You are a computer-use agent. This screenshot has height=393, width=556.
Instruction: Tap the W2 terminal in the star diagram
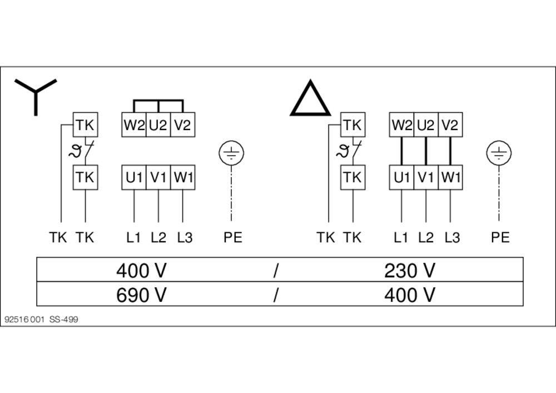(133, 125)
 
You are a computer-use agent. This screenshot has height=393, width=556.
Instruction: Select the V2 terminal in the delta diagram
(450, 125)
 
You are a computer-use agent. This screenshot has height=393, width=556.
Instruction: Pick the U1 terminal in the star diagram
(133, 177)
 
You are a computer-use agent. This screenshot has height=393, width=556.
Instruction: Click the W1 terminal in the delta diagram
(450, 177)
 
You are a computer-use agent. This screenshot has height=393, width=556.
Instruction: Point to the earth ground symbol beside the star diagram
(231, 153)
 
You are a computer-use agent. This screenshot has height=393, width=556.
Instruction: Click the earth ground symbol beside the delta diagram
(499, 153)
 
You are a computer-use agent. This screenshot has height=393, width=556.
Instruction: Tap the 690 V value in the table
(141, 295)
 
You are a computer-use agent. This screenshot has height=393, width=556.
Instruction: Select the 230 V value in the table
(410, 271)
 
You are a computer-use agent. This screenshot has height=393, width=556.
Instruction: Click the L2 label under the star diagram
(158, 237)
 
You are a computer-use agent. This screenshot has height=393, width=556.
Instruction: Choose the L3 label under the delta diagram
(452, 237)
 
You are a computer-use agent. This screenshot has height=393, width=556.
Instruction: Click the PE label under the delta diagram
(500, 237)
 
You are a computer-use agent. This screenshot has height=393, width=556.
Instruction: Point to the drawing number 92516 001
(24, 319)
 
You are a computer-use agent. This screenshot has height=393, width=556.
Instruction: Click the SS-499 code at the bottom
(64, 319)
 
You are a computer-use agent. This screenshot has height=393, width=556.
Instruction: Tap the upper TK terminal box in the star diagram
(85, 125)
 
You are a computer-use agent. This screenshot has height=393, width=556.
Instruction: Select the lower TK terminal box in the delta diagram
(353, 177)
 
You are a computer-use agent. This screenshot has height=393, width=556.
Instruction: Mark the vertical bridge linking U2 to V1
(426, 151)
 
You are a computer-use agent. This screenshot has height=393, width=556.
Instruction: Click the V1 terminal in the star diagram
(158, 177)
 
